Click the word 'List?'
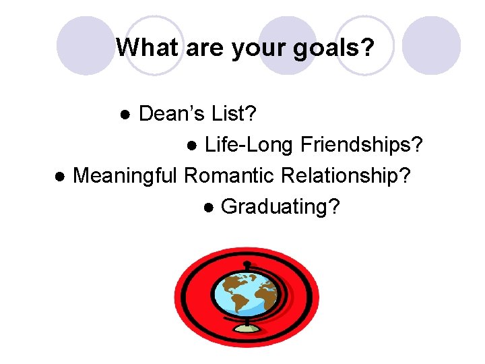233,115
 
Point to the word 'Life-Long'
249,145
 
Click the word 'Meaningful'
125,176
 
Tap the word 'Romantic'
229,176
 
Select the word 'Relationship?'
346,176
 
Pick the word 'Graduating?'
280,207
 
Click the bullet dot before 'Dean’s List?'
125,115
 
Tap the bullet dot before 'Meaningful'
60,177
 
